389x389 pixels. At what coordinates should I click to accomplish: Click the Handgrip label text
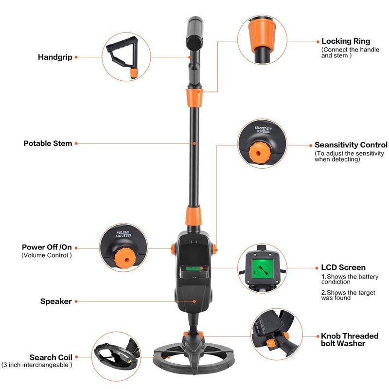[55, 57]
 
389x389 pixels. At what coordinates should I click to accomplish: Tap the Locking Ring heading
[346, 41]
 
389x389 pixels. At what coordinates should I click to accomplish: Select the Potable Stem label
[48, 143]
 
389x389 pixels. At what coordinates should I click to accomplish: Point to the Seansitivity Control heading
[351, 145]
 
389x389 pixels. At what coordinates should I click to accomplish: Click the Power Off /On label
[47, 247]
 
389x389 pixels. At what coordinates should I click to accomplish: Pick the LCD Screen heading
[343, 267]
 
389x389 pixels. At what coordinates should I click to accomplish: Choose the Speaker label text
[56, 301]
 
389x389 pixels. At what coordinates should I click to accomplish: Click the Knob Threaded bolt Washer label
[350, 339]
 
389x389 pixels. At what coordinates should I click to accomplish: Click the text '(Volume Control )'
[47, 255]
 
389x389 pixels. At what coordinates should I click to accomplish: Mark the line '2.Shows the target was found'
[343, 295]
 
